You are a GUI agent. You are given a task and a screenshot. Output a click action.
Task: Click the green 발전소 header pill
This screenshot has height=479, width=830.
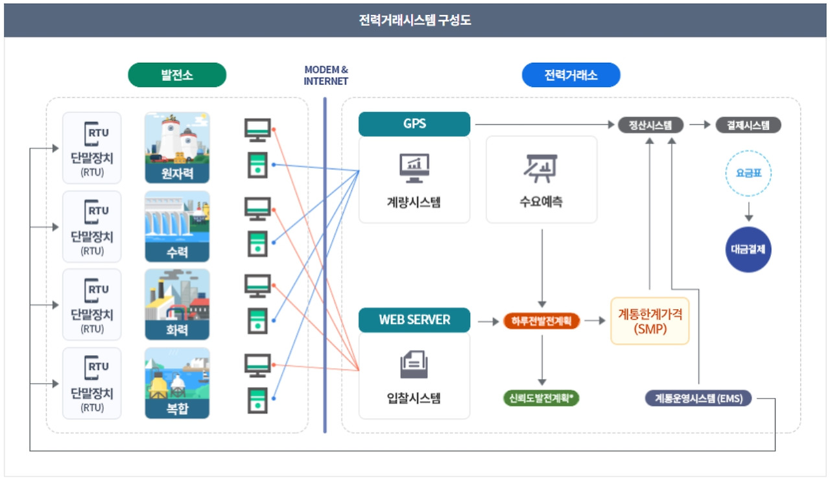177,75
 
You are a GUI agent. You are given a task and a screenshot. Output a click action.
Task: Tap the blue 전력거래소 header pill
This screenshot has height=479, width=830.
571,75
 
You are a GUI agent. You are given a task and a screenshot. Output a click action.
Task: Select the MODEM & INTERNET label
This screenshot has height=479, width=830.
326,75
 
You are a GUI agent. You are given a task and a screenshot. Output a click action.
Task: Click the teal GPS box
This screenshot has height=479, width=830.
414,124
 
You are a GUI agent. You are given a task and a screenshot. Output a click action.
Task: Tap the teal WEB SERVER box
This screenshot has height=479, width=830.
414,320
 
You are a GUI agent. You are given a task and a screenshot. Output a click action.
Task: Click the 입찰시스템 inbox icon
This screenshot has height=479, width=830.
414,364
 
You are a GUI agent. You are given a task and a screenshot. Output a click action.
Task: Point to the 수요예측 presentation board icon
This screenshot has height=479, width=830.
541,169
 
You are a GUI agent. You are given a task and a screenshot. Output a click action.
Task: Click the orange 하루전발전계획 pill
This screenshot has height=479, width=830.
541,321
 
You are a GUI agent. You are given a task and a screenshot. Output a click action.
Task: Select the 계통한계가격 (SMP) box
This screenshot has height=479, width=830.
650,321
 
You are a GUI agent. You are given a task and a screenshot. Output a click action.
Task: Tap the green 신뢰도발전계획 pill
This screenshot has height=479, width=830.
541,398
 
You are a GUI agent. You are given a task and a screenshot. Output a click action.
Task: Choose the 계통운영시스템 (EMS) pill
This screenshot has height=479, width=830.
698,398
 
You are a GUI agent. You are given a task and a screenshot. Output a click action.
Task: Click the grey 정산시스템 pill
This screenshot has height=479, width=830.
650,125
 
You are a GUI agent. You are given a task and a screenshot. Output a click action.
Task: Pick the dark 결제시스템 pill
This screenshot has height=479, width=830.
748,125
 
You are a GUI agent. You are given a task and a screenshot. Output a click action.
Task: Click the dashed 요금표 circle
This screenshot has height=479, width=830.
748,174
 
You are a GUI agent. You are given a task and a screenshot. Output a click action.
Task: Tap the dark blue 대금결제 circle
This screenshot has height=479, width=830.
748,250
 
